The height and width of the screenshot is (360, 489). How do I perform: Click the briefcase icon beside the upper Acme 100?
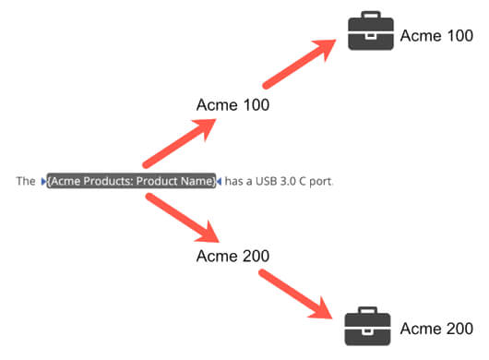click(370, 33)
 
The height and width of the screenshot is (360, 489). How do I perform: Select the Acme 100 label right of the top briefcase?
click(436, 36)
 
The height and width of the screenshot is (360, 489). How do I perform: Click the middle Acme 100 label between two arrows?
click(233, 105)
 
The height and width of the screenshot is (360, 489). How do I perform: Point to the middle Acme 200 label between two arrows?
click(233, 256)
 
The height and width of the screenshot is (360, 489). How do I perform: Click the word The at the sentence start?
click(26, 181)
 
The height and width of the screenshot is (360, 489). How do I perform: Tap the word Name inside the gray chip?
click(198, 181)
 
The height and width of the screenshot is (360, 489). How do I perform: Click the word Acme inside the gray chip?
click(66, 181)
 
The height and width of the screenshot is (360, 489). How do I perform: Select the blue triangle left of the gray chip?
click(43, 181)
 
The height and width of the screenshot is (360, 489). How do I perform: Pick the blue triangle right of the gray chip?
click(219, 181)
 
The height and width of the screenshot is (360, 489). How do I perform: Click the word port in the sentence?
click(322, 182)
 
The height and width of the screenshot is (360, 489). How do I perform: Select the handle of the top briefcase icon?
click(370, 18)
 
